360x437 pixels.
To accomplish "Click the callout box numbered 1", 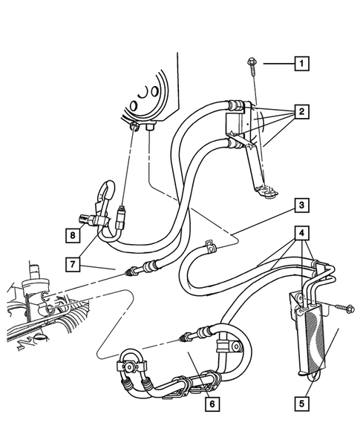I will click(x=301, y=65).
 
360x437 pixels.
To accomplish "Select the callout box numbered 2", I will click(x=301, y=112).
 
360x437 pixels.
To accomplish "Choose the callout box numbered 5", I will click(x=301, y=405).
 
